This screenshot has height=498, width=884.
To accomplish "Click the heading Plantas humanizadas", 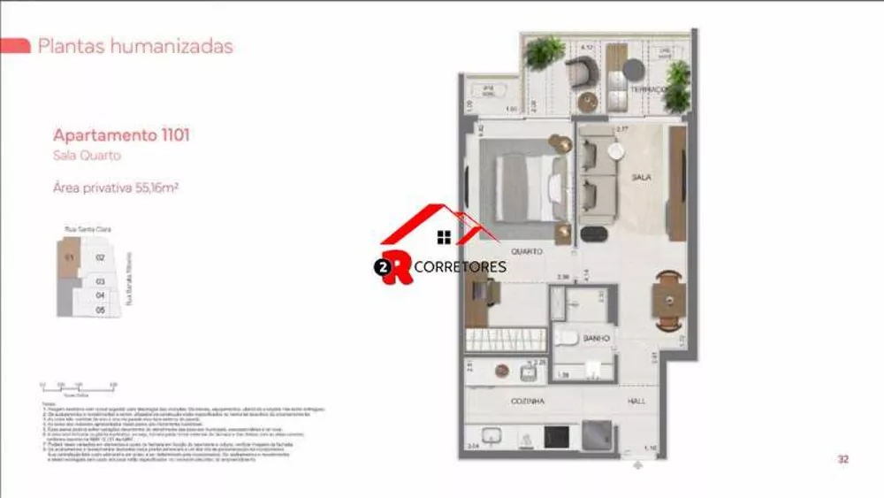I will pos(134,46).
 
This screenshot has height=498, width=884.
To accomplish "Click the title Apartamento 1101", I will pos(121,135).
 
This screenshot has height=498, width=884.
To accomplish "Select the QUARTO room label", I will pos(526,251).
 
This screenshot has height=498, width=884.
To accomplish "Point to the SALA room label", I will pos(642,177).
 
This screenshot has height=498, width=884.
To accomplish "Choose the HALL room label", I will pos(636,401).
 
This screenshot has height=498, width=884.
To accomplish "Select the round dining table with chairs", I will pos(667,300).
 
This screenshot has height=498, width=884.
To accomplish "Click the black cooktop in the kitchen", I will pos(558,437).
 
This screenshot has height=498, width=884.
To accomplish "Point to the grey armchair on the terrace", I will pos(582,72).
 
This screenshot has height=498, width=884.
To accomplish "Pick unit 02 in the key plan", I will pos(101,257).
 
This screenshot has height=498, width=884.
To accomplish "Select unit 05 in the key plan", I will pos(101,310).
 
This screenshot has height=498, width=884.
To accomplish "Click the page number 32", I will pos(843,459).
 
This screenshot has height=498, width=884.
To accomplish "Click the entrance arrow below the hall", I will pos(638,464).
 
